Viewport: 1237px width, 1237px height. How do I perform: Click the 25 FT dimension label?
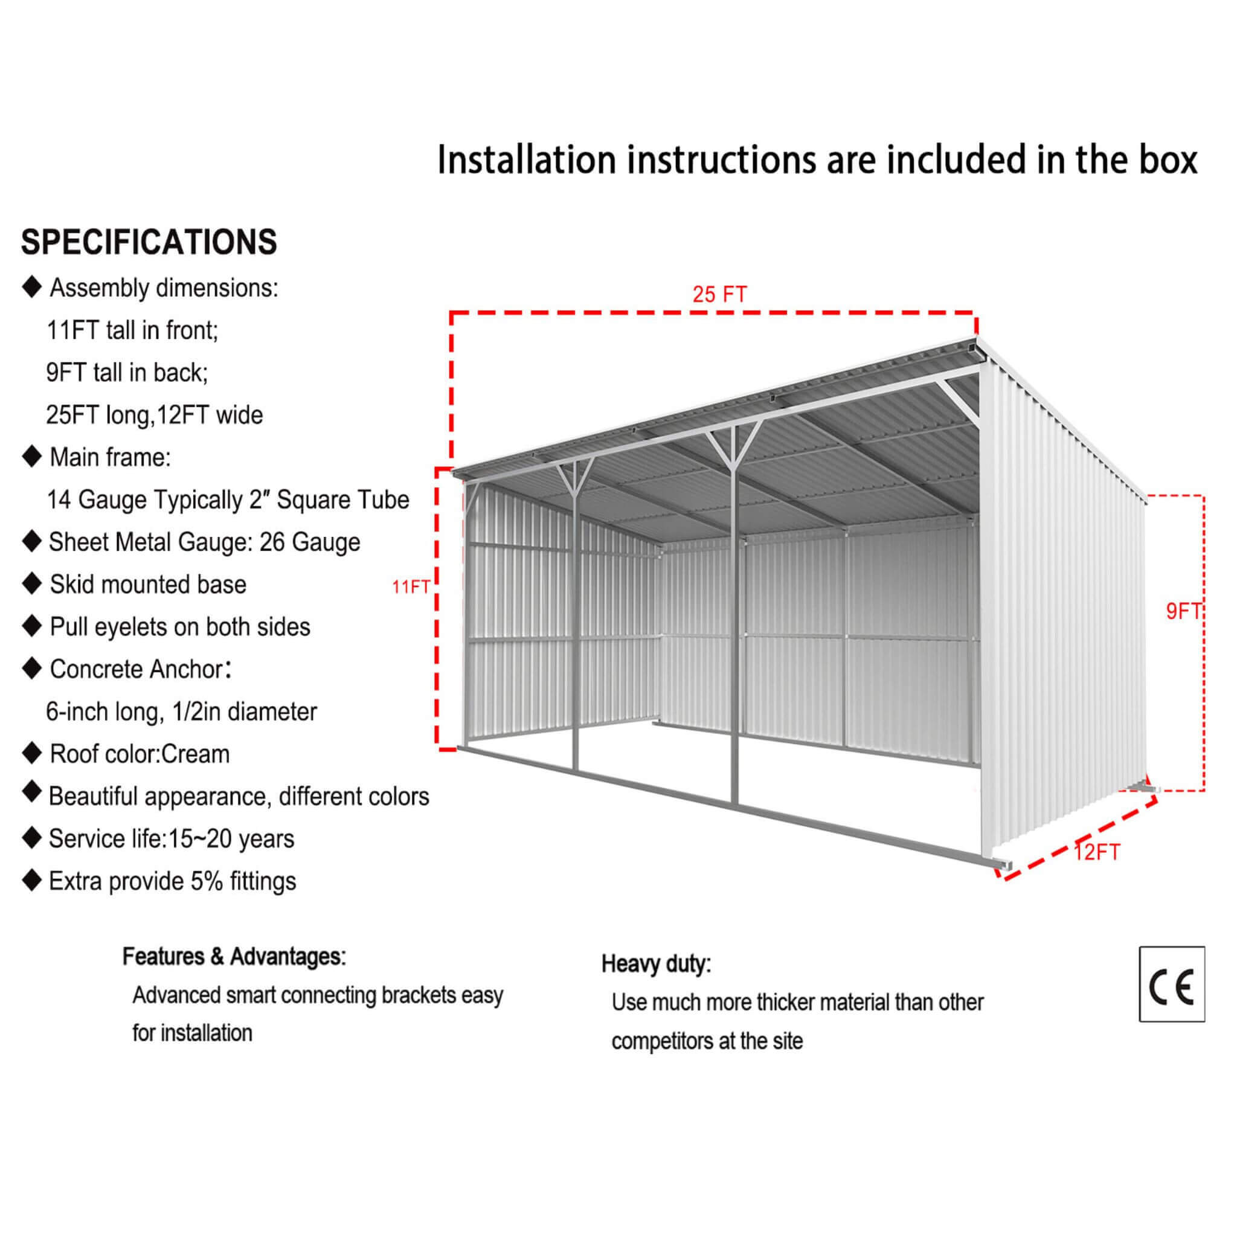click(x=719, y=295)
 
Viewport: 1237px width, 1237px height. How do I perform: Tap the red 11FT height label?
click(x=410, y=587)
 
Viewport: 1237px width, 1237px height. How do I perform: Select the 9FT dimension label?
click(x=1183, y=612)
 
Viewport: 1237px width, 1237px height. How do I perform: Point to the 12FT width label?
click(x=1097, y=853)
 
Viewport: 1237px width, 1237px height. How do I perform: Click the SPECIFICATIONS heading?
click(x=149, y=242)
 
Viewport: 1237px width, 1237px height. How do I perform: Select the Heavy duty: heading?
click(x=655, y=963)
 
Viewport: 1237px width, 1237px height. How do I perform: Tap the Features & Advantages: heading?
click(x=234, y=957)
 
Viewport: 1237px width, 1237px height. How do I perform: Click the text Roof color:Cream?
click(x=140, y=754)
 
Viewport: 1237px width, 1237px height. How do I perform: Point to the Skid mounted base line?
click(x=148, y=585)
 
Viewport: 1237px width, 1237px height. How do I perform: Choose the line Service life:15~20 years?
click(x=172, y=839)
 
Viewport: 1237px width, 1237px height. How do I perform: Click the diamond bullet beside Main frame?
click(x=31, y=457)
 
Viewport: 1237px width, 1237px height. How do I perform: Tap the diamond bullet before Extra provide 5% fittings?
click(x=31, y=881)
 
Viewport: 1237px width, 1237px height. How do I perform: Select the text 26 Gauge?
click(x=310, y=542)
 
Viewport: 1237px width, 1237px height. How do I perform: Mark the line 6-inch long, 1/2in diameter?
click(x=181, y=712)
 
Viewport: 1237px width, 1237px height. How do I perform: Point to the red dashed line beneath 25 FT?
click(x=713, y=313)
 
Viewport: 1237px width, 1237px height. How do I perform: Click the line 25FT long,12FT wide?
click(x=154, y=416)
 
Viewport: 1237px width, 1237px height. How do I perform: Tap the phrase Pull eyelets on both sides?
click(x=180, y=627)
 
